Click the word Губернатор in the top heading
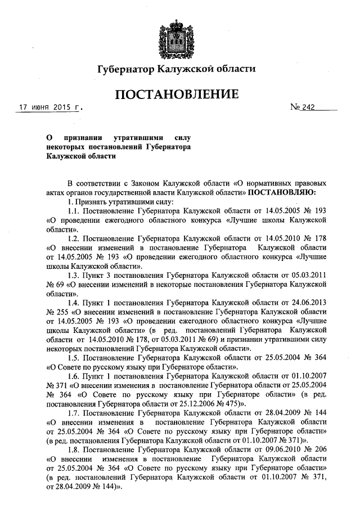click(x=125, y=69)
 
